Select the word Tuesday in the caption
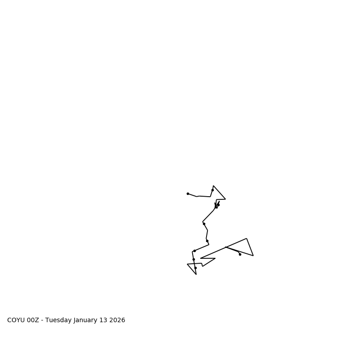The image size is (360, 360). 59,320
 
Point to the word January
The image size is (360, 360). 88,320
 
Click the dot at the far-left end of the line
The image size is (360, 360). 188,193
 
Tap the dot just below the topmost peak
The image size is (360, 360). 212,190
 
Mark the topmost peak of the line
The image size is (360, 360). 213,185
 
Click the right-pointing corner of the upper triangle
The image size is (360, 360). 225,199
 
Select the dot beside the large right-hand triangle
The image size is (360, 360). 240,254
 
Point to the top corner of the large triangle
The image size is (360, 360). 247,238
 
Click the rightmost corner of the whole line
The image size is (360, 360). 253,256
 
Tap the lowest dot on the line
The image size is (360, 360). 195,268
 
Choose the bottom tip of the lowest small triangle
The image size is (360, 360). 196,274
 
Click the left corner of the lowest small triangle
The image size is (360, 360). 187,264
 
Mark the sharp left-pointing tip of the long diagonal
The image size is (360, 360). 200,258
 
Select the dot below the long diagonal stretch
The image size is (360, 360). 204,224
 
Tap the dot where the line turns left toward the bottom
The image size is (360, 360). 194,251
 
